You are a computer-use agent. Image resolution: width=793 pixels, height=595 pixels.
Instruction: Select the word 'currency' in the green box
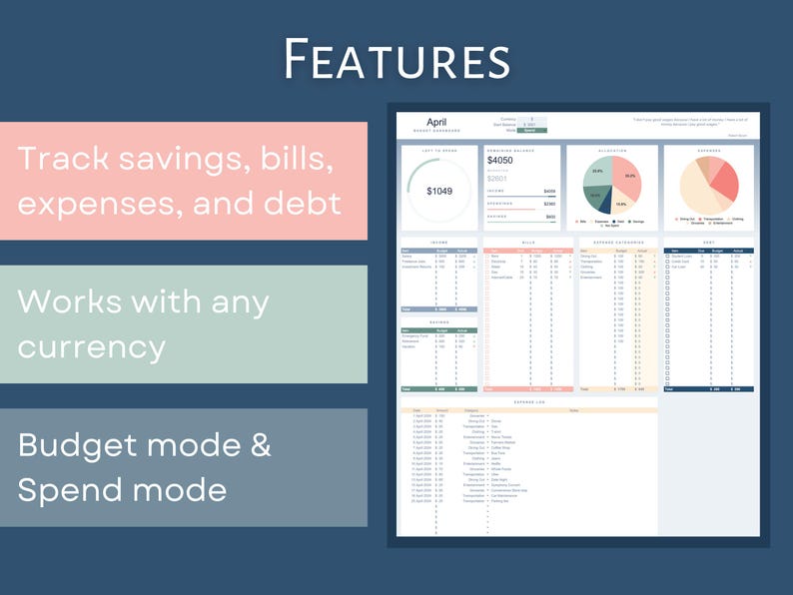pos(92,346)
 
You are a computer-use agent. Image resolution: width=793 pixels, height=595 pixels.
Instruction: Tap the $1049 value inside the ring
pos(439,191)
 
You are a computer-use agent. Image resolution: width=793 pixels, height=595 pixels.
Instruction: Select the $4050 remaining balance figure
pos(500,160)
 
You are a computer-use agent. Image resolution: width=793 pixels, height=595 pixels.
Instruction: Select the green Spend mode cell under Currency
pos(531,131)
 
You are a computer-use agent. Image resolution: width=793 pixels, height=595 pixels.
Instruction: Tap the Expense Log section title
pos(526,401)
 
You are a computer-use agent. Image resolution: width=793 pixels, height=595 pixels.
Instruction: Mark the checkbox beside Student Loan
pos(668,257)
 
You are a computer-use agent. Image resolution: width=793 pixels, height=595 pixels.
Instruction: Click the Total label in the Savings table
pos(404,388)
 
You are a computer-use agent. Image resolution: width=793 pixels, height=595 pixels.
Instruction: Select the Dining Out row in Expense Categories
pos(589,257)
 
